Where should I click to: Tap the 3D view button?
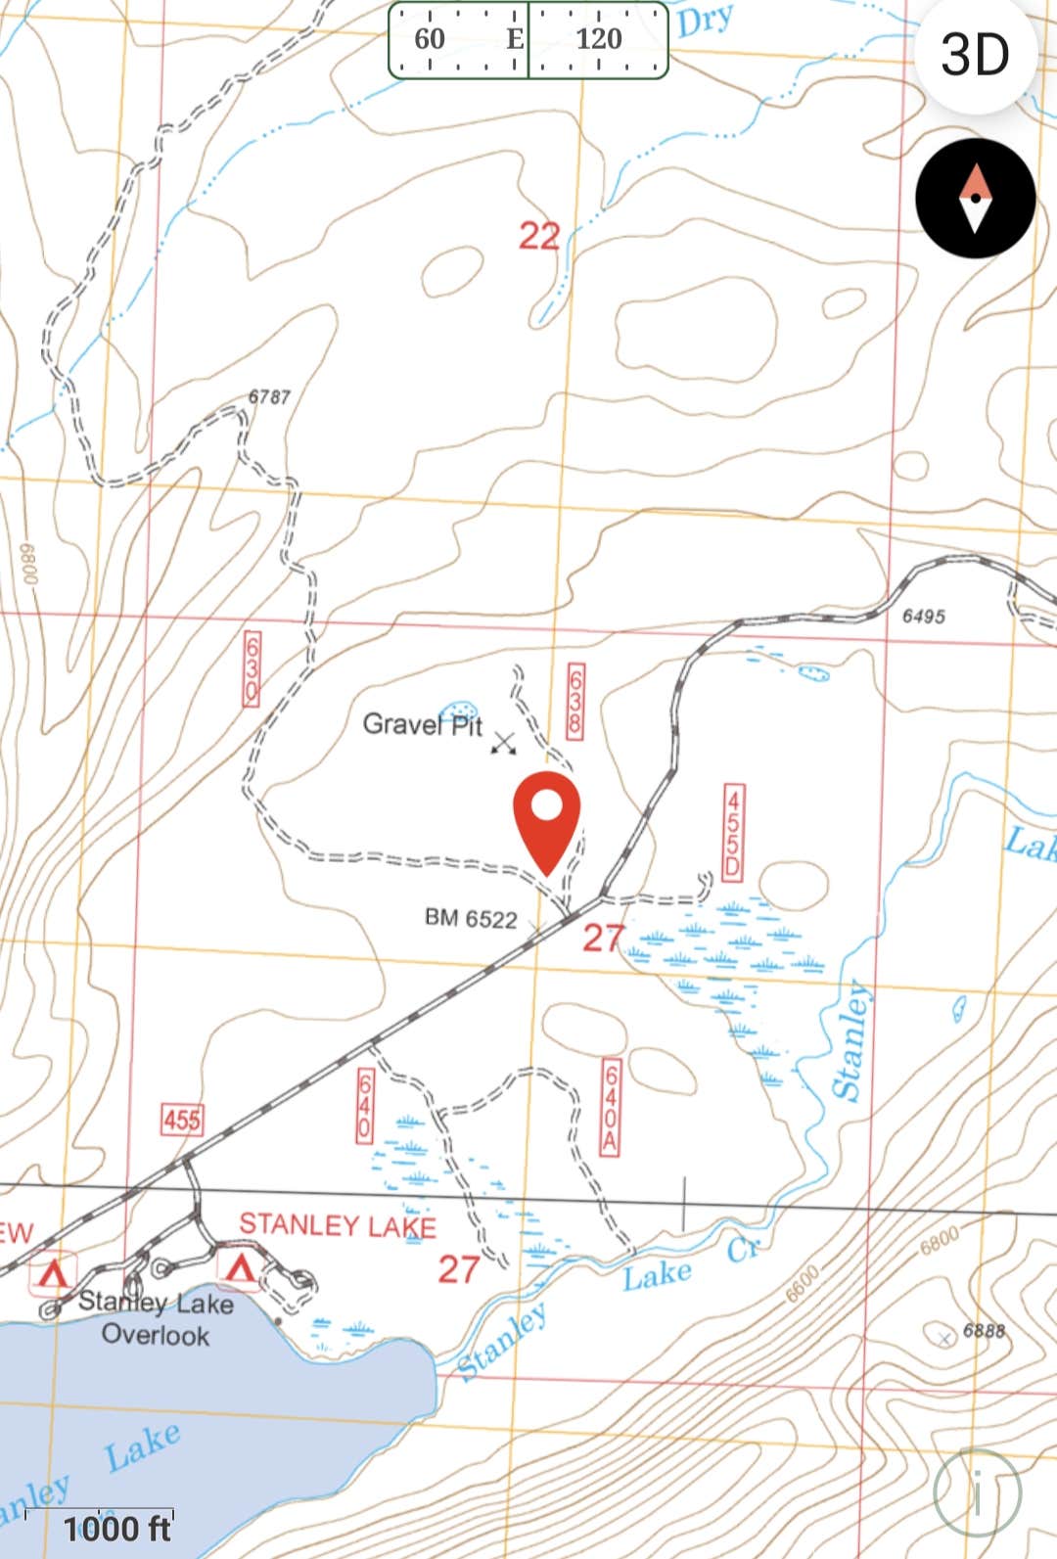(x=975, y=55)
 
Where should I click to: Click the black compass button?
(x=975, y=199)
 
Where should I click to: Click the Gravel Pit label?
(x=422, y=725)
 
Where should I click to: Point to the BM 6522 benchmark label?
(x=471, y=918)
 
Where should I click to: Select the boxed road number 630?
(x=253, y=667)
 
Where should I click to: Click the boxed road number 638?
(x=575, y=702)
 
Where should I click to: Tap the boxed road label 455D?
(x=732, y=830)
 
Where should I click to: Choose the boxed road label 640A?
(x=611, y=1107)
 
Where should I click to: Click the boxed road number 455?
(x=182, y=1119)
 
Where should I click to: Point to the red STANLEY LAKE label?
(x=338, y=1225)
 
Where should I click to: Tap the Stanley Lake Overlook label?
(x=156, y=1318)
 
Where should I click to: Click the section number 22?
(x=539, y=236)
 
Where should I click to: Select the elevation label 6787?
(x=269, y=396)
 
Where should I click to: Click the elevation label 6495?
(x=923, y=616)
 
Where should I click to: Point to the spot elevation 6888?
(x=984, y=1330)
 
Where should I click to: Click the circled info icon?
(x=977, y=1493)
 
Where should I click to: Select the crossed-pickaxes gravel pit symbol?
(x=504, y=743)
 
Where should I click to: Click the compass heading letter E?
(x=515, y=39)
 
